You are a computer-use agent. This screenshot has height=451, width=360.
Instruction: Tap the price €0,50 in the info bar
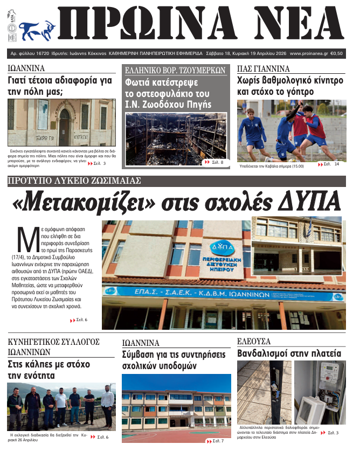pyautogui.click(x=338, y=54)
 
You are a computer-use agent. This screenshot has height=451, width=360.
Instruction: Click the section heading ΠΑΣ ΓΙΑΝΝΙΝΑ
pyautogui.click(x=264, y=69)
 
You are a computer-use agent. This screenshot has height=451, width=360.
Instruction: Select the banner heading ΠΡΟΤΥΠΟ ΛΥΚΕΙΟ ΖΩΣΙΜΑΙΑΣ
pyautogui.click(x=74, y=181)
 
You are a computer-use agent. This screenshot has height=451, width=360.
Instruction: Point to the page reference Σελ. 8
pyautogui.click(x=214, y=162)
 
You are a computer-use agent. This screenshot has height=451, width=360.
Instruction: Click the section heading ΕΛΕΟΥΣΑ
pyautogui.click(x=253, y=341)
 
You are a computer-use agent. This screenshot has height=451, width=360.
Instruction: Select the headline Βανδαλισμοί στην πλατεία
pyautogui.click(x=289, y=353)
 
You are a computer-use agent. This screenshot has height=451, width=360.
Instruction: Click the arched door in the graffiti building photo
pyautogui.click(x=64, y=127)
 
